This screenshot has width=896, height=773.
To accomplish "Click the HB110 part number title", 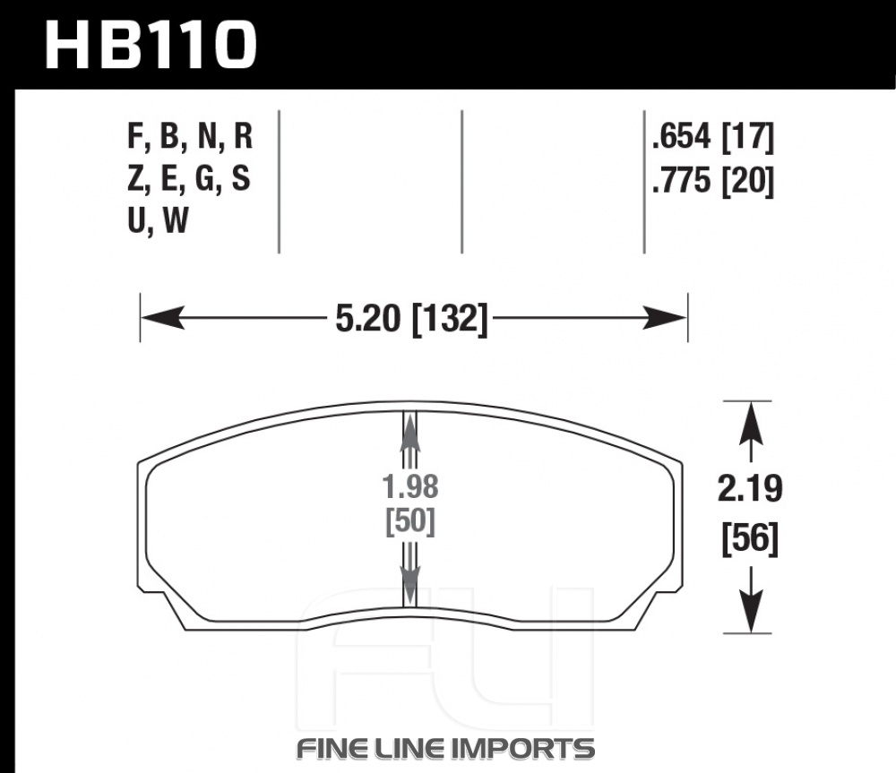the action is point(151,45).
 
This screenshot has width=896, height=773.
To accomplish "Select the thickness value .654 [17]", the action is point(712,138).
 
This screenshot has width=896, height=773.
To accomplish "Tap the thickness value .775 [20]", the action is point(712,181).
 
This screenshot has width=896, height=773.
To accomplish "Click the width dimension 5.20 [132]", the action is point(411,318).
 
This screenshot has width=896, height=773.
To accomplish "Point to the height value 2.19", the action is point(750,489).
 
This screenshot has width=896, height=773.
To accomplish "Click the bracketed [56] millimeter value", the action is point(750,538).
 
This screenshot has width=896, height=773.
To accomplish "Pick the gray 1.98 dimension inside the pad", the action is point(409,487).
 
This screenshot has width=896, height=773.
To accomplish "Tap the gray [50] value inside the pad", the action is point(410,521).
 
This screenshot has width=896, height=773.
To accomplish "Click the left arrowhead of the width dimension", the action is point(162,318).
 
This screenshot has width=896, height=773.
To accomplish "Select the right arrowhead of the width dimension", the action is point(665,318).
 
